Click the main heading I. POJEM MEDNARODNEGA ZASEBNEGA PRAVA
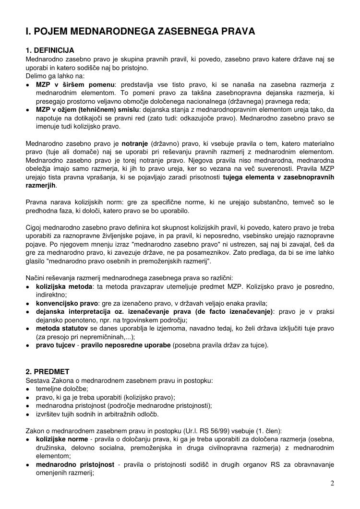point(140,32)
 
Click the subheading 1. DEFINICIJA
point(50,50)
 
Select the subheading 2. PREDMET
point(48,371)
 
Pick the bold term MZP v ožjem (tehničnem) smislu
point(87,110)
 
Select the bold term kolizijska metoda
point(64,286)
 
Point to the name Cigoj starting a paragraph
point(35,227)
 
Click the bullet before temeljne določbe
point(28,389)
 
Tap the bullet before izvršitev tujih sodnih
point(28,414)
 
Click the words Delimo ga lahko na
point(55,76)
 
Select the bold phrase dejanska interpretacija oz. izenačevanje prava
point(154,311)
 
